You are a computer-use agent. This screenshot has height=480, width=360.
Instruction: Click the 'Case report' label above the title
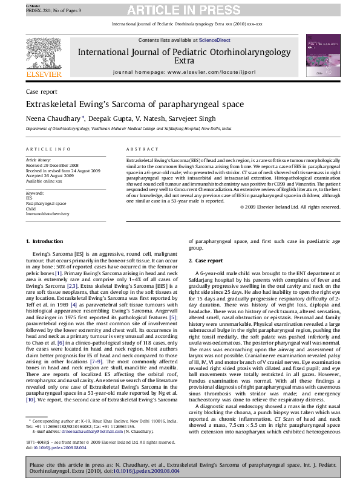pos(38,91)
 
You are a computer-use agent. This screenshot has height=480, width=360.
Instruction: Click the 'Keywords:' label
pos(34,192)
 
